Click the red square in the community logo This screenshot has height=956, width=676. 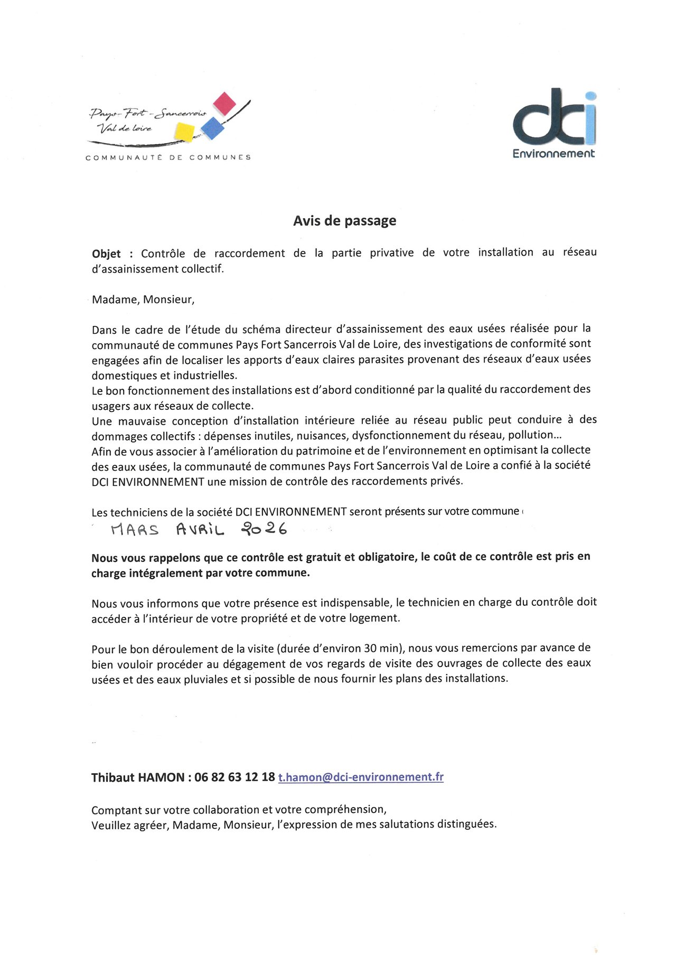[x=224, y=104]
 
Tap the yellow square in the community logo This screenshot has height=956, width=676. [x=184, y=132]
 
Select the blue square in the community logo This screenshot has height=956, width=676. [x=212, y=128]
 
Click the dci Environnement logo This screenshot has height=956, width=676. [x=554, y=124]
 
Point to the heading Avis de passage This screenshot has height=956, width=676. [x=344, y=221]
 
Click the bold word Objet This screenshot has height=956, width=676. [x=106, y=254]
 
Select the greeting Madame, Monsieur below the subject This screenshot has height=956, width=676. [x=143, y=299]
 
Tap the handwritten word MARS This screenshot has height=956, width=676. [x=135, y=529]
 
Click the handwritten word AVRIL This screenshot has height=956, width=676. [x=200, y=529]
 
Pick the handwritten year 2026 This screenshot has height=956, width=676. [x=264, y=528]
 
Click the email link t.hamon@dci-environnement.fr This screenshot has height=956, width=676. [x=361, y=777]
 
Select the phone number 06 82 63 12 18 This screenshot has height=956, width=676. [x=234, y=777]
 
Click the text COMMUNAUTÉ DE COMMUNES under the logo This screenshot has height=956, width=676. [x=168, y=157]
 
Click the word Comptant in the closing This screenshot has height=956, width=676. [x=114, y=810]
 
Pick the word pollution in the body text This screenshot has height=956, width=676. [x=530, y=435]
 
